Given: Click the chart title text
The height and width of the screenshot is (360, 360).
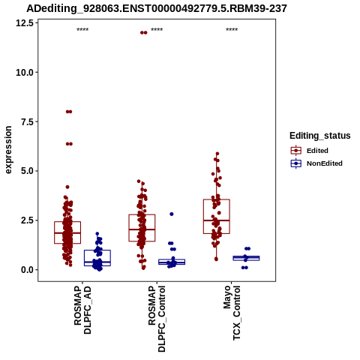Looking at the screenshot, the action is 157,8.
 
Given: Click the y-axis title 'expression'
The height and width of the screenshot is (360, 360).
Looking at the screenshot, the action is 8,150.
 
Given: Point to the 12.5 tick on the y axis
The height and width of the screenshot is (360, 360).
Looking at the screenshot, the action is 25,23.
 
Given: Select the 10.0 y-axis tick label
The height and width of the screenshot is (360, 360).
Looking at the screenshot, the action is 25,73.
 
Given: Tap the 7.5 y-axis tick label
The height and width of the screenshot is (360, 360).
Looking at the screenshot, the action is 27,121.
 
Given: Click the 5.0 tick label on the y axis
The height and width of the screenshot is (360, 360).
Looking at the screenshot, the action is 27,171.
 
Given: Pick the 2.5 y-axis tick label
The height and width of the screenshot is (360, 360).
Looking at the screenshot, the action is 27,220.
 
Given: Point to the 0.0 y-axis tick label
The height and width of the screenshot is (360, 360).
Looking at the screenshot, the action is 27,270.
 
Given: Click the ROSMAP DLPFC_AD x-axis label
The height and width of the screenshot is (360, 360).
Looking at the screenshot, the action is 82,310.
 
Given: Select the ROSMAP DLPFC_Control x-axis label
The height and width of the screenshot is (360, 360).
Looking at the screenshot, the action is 157,319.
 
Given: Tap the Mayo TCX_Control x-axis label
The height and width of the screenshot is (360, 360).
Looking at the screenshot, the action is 232,313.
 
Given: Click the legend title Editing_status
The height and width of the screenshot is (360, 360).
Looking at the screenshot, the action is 320,136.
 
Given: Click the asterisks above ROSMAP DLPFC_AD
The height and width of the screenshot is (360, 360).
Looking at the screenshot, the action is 82,30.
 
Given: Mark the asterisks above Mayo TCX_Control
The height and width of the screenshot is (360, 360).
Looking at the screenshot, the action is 232,30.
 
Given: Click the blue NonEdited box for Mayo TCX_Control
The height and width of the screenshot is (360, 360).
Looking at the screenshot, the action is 246,256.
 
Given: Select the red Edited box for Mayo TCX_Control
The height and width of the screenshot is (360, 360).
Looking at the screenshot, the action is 217,199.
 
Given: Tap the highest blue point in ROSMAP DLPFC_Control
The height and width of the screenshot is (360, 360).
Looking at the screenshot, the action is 172,214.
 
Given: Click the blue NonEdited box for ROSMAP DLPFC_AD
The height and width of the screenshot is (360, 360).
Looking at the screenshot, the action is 97,250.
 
